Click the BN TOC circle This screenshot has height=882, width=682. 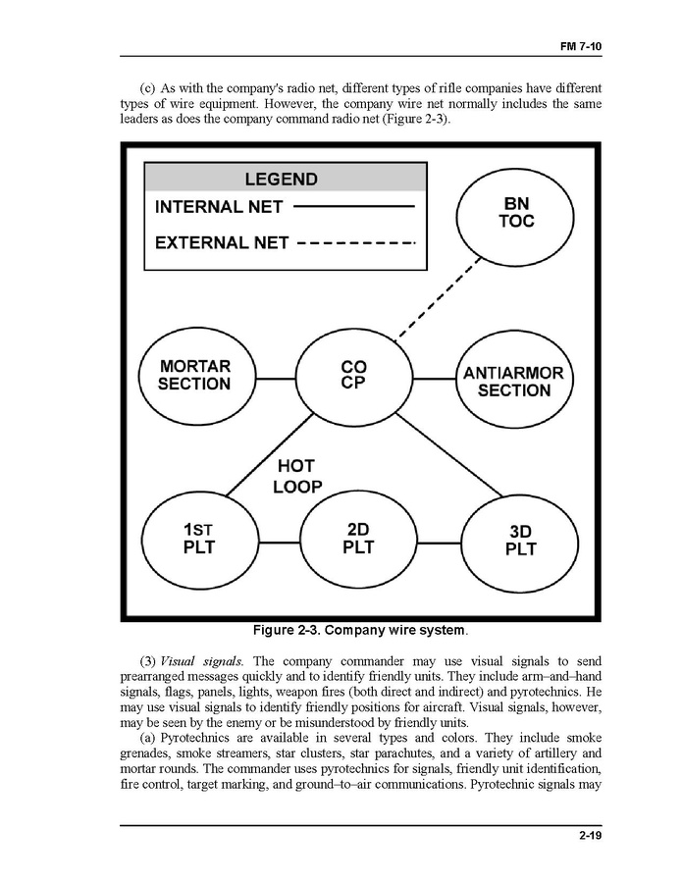[516, 213]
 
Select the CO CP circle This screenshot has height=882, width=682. [353, 376]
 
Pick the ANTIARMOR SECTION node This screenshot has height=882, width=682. [513, 382]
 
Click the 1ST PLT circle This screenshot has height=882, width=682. [199, 539]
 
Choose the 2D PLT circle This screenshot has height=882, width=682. [358, 539]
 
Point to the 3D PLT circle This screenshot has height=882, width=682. [520, 541]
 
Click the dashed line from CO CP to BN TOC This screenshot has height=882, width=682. [438, 298]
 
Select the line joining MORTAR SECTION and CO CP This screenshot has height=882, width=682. [277, 376]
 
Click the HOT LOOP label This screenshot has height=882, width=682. [297, 476]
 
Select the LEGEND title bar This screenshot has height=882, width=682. [286, 180]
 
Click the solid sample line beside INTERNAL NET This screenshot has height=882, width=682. [354, 207]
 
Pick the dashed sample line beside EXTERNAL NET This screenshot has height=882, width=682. [357, 241]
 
